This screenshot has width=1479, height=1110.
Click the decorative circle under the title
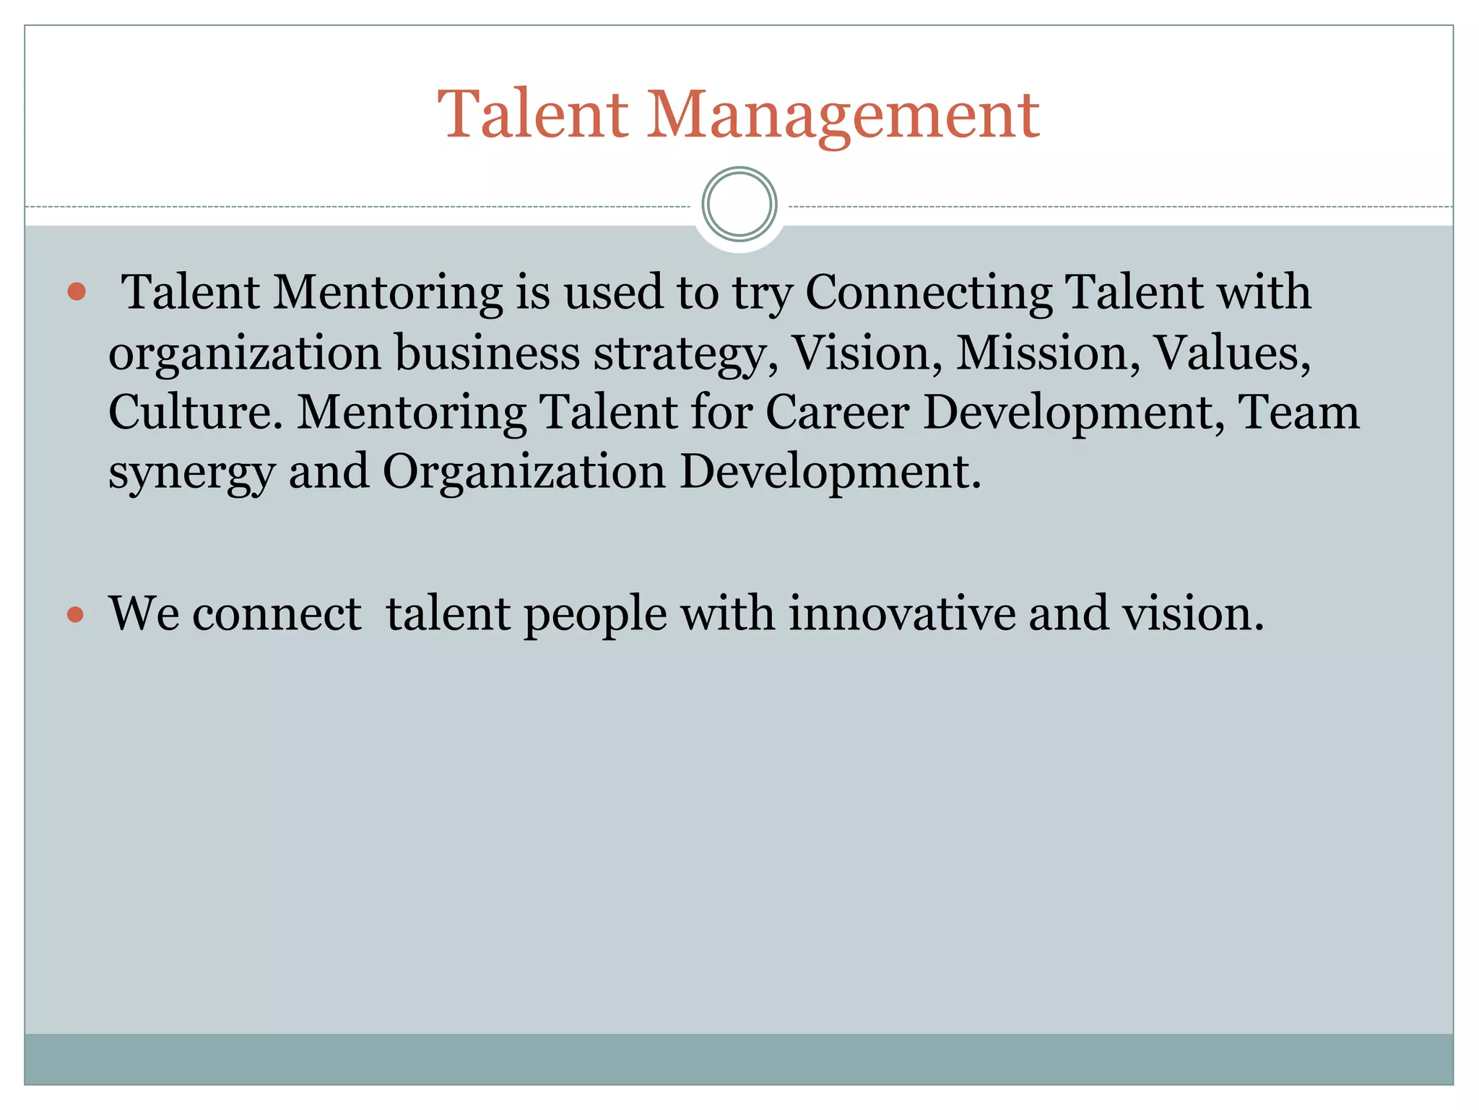[x=739, y=205]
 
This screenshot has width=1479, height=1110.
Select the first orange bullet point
[x=77, y=292]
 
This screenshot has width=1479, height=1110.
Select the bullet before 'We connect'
[x=76, y=614]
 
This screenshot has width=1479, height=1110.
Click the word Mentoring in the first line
[x=387, y=293]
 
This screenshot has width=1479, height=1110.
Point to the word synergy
[x=191, y=473]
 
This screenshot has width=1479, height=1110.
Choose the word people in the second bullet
[x=594, y=614]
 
